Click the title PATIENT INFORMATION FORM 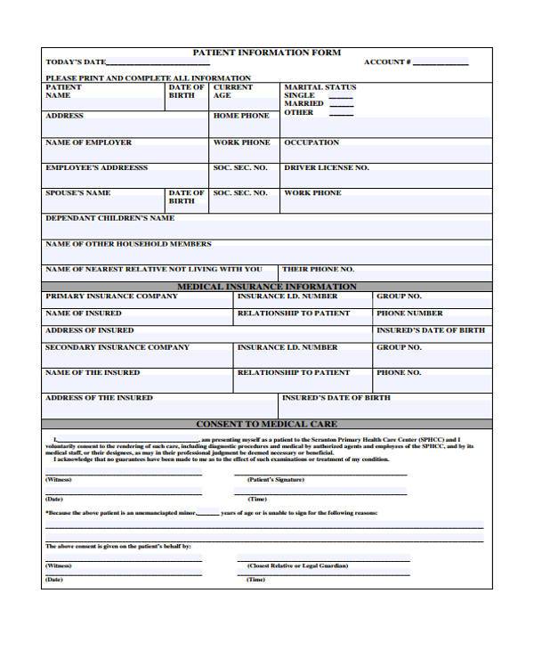[x=267, y=53]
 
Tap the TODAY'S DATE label [x=76, y=62]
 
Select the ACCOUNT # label [x=387, y=62]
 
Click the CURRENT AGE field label [x=232, y=91]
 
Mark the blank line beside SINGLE [x=342, y=95]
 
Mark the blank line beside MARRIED [x=342, y=104]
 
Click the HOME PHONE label [x=241, y=116]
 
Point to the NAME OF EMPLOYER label [x=88, y=142]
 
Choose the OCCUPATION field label [x=311, y=142]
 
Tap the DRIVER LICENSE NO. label [x=326, y=167]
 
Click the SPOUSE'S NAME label [x=78, y=192]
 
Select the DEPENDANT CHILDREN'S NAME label [x=109, y=217]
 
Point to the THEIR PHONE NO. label [x=318, y=269]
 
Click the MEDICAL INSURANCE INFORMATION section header [x=267, y=287]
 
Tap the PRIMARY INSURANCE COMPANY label [x=111, y=296]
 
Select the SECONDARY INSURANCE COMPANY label [x=117, y=347]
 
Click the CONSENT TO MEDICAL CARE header [x=266, y=425]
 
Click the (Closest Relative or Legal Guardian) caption [x=297, y=565]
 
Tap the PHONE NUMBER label [x=409, y=313]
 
